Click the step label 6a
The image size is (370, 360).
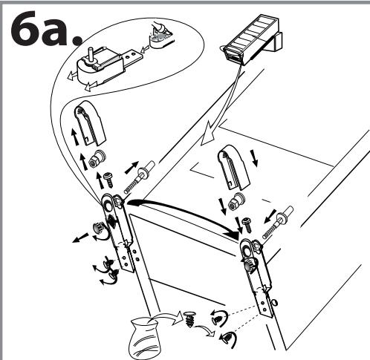click(46, 28)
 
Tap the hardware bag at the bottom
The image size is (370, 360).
click(145, 338)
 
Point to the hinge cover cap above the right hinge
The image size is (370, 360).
click(234, 167)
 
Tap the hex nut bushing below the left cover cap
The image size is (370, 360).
click(97, 159)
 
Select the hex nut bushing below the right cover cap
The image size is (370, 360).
click(236, 201)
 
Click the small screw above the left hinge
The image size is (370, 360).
click(108, 180)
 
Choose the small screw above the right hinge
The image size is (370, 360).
click(247, 224)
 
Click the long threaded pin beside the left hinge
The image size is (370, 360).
click(140, 177)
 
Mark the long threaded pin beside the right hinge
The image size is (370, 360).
click(278, 222)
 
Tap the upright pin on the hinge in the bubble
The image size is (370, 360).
click(90, 54)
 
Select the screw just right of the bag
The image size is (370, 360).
click(189, 319)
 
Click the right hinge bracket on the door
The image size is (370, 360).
click(256, 277)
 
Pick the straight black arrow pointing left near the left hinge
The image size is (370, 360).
click(80, 238)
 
